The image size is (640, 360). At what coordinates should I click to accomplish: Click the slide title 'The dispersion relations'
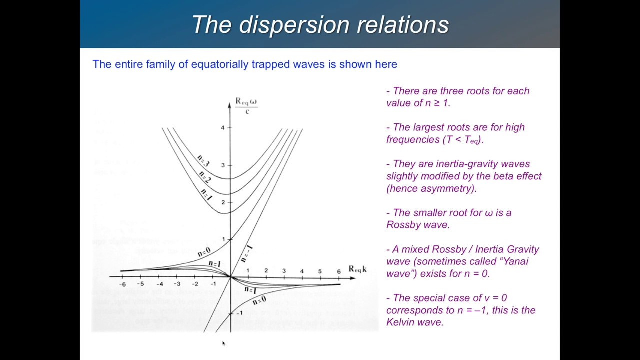coord(320,25)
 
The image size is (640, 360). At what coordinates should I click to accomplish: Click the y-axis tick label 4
coord(223,128)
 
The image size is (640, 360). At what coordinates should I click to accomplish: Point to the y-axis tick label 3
coord(223,165)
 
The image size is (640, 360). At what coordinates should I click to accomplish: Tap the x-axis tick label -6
coord(122,284)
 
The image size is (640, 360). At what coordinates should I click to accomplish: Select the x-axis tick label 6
coord(338,271)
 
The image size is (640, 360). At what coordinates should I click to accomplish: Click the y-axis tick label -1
coord(239,313)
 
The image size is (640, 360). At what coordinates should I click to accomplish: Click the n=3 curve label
coord(203,160)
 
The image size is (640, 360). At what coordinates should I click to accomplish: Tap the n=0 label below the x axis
coord(259,301)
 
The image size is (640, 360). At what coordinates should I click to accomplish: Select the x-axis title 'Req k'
coord(357,269)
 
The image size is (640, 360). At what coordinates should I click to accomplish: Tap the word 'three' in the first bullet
coord(450,91)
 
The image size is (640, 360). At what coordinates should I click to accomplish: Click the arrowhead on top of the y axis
coord(229,102)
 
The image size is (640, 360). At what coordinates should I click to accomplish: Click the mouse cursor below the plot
coord(223,343)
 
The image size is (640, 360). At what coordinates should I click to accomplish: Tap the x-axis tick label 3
coord(284,271)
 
